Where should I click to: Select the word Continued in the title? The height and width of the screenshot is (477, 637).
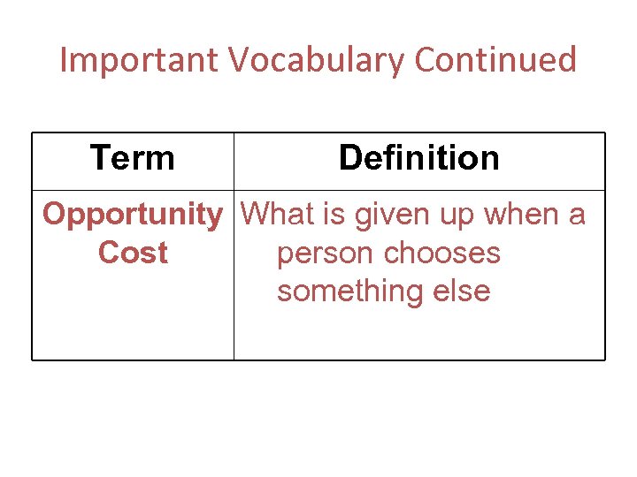(x=495, y=61)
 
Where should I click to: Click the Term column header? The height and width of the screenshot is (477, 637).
(x=133, y=159)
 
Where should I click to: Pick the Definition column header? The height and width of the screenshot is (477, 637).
(x=418, y=159)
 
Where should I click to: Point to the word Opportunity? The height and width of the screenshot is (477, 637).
(x=133, y=215)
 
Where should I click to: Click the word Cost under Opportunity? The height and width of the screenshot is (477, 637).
(x=133, y=254)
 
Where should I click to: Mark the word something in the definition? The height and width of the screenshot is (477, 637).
(x=352, y=291)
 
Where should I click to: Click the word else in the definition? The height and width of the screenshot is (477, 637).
(x=462, y=291)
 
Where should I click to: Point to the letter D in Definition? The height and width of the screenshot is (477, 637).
(x=349, y=159)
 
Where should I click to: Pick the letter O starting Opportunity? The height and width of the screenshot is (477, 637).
(x=54, y=215)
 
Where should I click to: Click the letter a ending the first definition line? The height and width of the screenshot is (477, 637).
(x=576, y=216)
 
